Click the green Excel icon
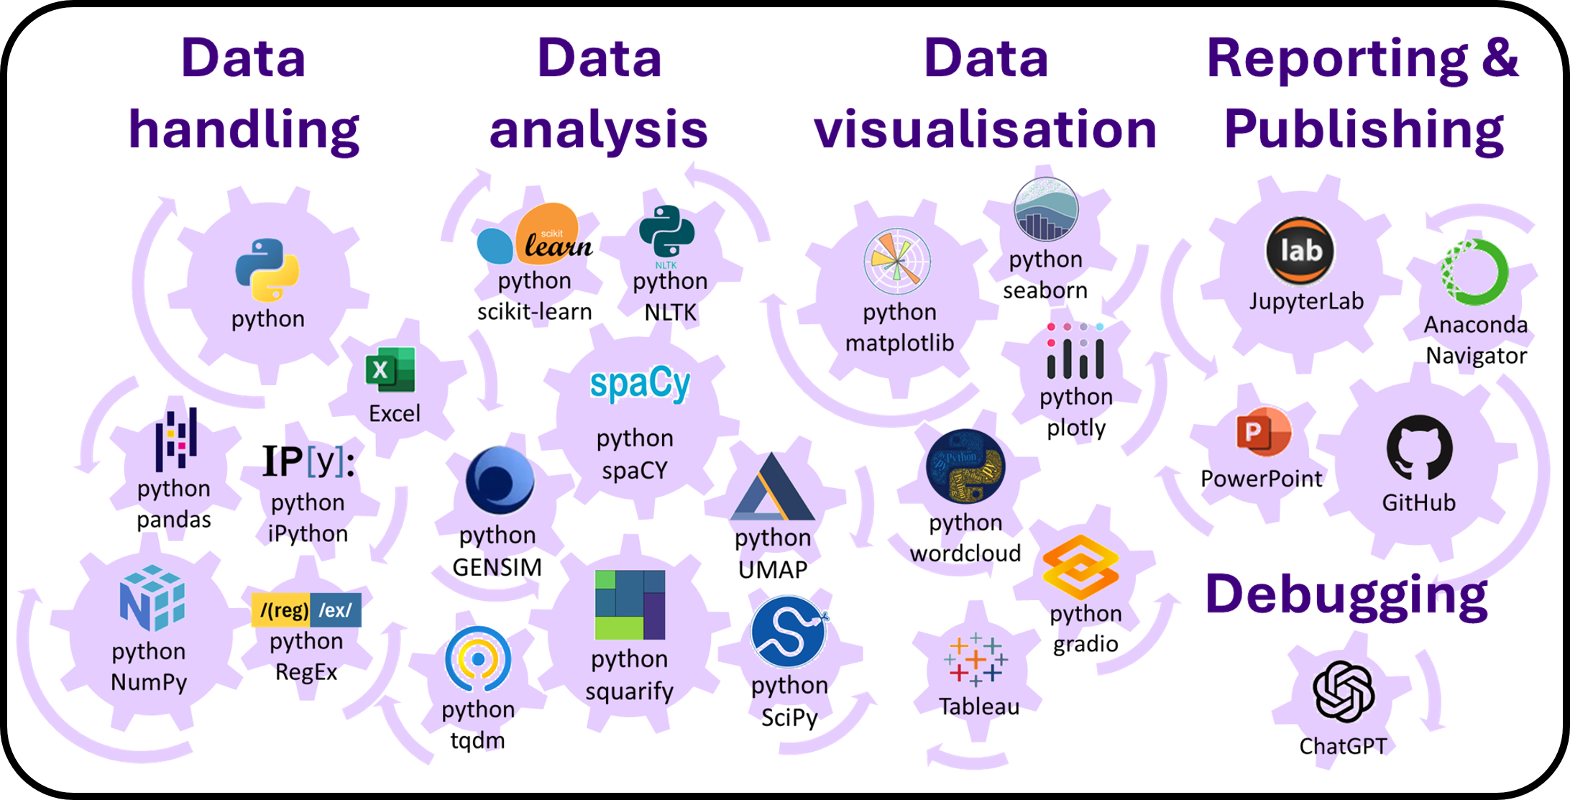tap(390, 369)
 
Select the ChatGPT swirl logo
tap(1343, 691)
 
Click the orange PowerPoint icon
tap(1263, 432)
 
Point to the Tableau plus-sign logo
tap(975, 658)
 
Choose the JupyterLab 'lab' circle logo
tap(1300, 251)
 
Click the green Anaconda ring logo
tap(1474, 272)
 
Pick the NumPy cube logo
tap(152, 598)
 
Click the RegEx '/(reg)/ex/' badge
tap(306, 610)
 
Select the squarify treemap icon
tap(630, 604)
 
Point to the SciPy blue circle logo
tap(789, 631)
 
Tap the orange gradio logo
tap(1080, 568)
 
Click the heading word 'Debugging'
tap(1346, 595)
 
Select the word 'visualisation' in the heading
tap(985, 129)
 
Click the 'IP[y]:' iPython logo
tap(308, 461)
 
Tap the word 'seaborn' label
tap(1045, 290)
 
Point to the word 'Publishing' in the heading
tap(1363, 129)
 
